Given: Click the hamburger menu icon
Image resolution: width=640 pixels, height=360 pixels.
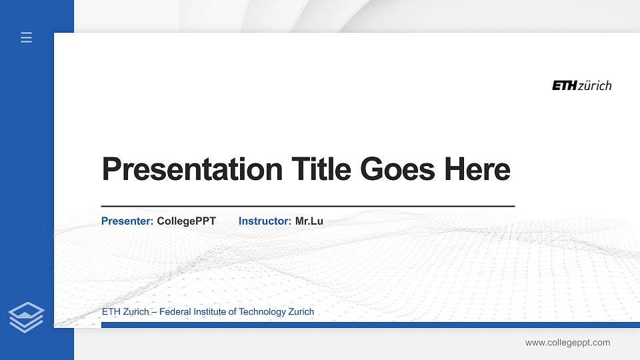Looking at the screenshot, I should click(x=26, y=37).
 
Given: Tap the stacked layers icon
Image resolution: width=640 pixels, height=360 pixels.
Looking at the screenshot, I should click(x=26, y=317).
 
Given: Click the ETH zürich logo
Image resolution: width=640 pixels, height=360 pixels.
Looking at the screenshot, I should click(x=581, y=85).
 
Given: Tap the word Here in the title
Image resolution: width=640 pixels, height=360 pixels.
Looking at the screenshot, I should click(x=477, y=169).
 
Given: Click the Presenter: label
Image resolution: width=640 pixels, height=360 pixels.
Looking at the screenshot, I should click(x=127, y=221).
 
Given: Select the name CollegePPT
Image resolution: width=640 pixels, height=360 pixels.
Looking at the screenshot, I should click(x=186, y=221).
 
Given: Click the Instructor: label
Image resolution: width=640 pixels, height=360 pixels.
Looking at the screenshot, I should click(x=265, y=221).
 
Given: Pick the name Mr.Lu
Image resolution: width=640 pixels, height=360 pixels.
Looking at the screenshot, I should click(x=309, y=221).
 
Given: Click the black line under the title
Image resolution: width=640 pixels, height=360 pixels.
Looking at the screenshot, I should click(x=307, y=207).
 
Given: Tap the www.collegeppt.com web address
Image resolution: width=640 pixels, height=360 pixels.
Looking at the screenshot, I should click(x=567, y=343).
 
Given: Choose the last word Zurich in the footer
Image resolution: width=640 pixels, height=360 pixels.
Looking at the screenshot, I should click(x=301, y=311).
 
